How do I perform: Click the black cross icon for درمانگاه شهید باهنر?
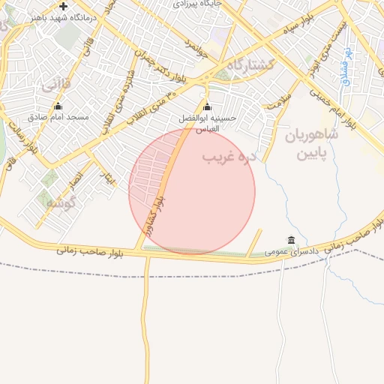pyautogui.click(x=63, y=7)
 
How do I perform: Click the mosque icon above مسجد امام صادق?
pyautogui.click(x=58, y=106)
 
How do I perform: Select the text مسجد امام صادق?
pyautogui.click(x=58, y=118)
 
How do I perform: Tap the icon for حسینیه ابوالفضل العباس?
pyautogui.click(x=208, y=107)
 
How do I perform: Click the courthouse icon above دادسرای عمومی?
pyautogui.click(x=291, y=240)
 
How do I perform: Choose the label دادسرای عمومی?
pyautogui.click(x=292, y=251)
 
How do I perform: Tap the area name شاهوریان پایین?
pyautogui.click(x=312, y=145)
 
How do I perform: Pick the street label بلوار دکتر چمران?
pyautogui.click(x=160, y=61)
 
